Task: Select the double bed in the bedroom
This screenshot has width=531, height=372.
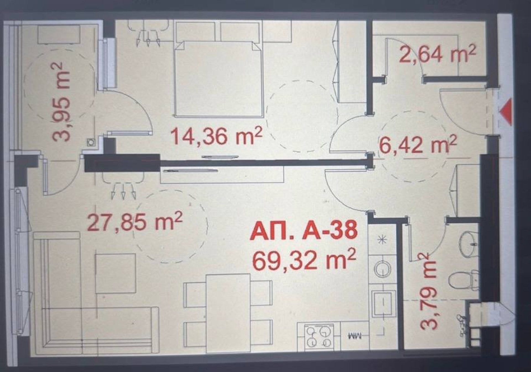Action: pyautogui.click(x=218, y=78)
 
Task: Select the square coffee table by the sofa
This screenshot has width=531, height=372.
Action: pyautogui.click(x=115, y=273)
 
